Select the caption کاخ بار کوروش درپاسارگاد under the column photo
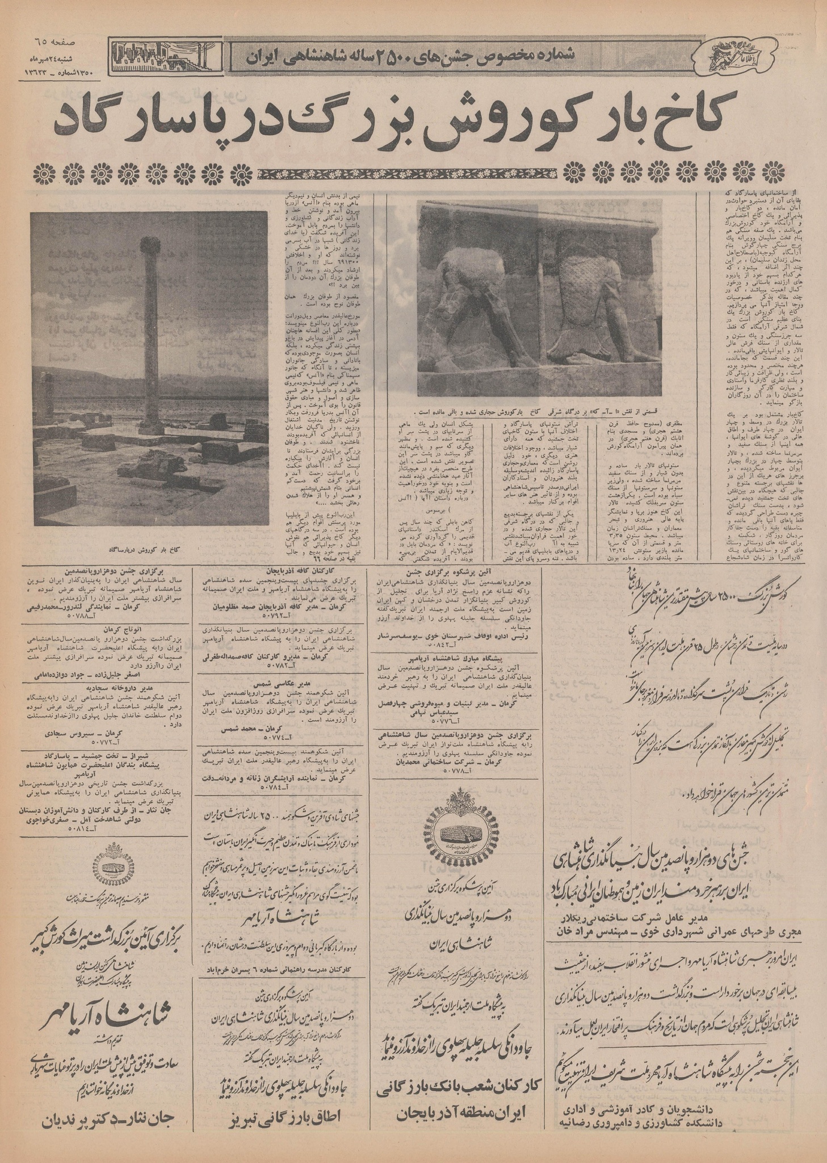(144, 550)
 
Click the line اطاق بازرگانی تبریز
(282, 1123)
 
